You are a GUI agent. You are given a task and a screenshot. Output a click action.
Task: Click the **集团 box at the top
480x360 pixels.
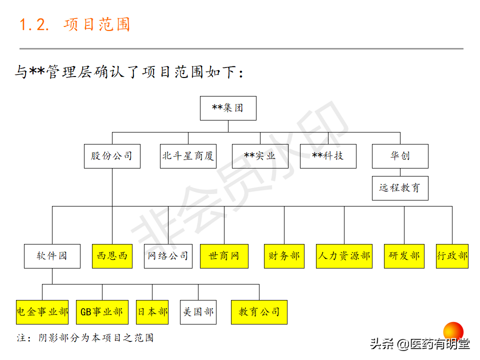[228, 108]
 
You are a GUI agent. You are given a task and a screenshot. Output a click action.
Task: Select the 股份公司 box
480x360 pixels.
[112, 156]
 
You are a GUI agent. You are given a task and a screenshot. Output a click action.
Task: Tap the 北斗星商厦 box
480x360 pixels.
[188, 156]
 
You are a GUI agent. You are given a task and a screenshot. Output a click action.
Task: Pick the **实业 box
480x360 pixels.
[260, 156]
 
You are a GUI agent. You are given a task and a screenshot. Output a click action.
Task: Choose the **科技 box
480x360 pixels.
[328, 156]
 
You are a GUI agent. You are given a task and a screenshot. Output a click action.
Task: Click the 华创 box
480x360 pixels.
[400, 156]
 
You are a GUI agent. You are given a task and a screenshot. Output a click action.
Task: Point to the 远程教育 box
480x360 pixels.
[400, 188]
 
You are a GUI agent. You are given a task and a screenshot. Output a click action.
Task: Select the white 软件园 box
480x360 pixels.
[52, 256]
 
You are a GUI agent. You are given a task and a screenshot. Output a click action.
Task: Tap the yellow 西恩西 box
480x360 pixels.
[112, 256]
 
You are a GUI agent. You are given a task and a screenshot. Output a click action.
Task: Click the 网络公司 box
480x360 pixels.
[168, 256]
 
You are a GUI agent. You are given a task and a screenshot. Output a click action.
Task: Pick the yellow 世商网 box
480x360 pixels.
[224, 256]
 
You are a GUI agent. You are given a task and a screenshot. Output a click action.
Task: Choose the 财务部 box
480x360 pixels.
[284, 256]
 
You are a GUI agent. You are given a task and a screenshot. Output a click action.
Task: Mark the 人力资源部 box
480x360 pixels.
[344, 256]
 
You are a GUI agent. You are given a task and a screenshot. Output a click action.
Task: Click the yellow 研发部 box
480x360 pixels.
[404, 256]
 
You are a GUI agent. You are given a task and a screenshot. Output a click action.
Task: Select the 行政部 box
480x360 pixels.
[452, 256]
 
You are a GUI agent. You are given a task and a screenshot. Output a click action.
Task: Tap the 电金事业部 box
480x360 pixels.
[42, 312]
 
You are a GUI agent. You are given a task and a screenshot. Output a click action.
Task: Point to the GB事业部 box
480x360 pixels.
[102, 312]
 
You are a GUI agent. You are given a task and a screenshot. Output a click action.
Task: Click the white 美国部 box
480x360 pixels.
[198, 312]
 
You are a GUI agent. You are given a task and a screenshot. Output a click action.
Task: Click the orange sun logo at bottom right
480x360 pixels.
[453, 331]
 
